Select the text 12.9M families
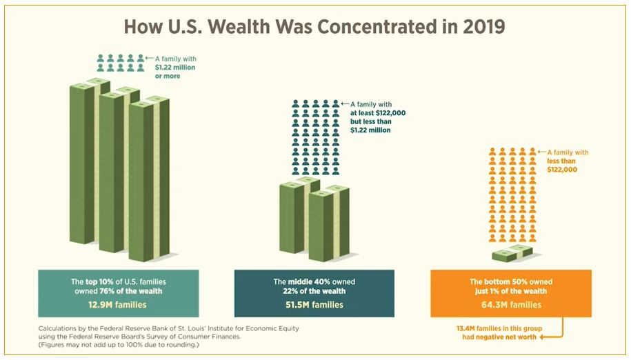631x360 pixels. (x=118, y=303)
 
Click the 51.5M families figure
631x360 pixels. (x=314, y=303)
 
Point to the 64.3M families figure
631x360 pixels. (x=511, y=303)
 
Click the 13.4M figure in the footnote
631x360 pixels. (x=468, y=328)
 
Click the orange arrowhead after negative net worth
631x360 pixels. (x=542, y=338)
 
